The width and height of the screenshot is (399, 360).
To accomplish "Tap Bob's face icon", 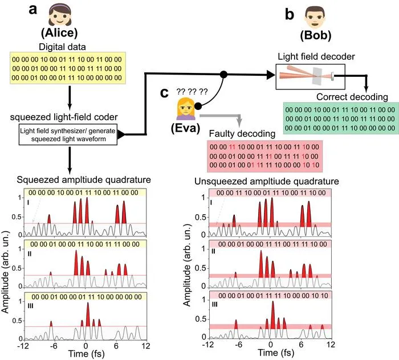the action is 315,17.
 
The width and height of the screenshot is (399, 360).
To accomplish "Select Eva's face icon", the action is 186,109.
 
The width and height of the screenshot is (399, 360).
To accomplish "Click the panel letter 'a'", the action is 33,10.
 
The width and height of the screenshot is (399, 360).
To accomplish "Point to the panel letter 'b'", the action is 290,14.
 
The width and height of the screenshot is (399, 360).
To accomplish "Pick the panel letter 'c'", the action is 164,93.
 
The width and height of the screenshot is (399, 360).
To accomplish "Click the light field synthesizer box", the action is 68,135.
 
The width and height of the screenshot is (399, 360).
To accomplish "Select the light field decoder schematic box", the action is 311,77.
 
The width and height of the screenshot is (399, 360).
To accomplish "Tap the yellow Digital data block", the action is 68,68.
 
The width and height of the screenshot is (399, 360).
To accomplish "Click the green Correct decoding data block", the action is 341,118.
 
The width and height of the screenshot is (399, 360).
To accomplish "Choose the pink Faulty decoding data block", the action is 264,156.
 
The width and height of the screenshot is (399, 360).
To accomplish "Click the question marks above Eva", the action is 192,92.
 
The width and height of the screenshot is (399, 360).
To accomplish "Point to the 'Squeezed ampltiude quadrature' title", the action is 84,180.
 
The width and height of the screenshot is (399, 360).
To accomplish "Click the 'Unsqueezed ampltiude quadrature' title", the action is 267,181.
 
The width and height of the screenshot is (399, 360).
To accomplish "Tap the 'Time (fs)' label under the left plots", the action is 87,354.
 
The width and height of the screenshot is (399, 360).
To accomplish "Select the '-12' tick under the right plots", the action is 208,345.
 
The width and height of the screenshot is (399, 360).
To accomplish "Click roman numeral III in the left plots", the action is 30,306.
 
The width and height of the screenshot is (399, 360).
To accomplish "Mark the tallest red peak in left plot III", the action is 88,314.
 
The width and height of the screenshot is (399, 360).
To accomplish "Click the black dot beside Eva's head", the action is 198,106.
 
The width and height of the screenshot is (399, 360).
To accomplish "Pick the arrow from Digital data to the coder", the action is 70,97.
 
